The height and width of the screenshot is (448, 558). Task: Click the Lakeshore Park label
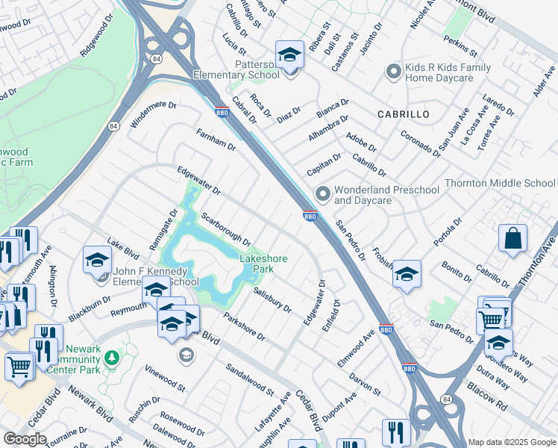[x=263, y=264]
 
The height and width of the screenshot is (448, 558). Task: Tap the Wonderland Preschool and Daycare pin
[x=322, y=193]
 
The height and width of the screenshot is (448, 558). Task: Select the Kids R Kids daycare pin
[x=393, y=72]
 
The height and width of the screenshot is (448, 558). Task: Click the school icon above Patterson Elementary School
[x=289, y=55]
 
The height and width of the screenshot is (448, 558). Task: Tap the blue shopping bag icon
[x=512, y=239]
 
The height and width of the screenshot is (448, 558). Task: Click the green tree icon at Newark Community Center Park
[x=111, y=358]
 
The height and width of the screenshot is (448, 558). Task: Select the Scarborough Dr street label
[x=225, y=229]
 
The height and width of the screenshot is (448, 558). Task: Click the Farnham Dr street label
[x=216, y=140]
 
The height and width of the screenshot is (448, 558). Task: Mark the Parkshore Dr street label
[x=244, y=328]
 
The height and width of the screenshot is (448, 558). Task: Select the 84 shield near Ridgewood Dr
[x=154, y=57]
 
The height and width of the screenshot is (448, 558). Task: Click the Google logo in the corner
[x=25, y=439]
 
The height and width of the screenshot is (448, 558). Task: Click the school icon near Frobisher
[x=406, y=275]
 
